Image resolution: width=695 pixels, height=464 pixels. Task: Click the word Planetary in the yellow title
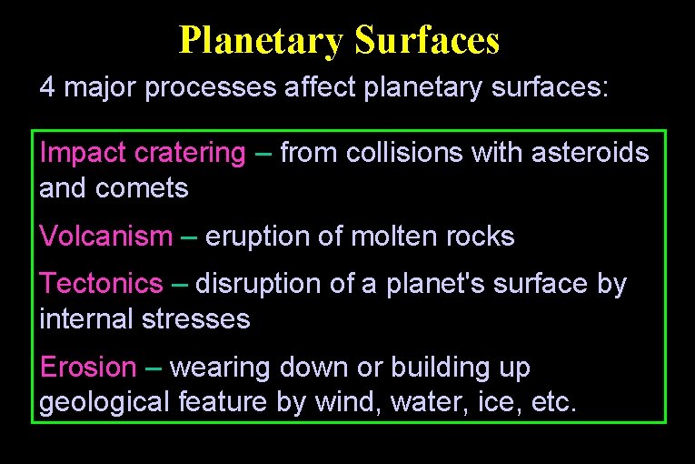pos(262,40)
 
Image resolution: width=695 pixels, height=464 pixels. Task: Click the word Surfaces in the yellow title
pos(427,40)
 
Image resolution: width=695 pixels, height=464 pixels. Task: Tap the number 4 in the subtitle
pos(46,87)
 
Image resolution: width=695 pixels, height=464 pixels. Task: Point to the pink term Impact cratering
pos(143,153)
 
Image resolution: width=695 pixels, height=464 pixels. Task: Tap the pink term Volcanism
pos(106,237)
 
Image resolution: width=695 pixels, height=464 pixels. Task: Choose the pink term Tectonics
pos(101,284)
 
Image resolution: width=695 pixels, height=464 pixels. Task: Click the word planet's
pos(447,284)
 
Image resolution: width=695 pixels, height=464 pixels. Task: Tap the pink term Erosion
pos(87,368)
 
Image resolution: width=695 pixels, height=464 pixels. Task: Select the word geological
pos(104,403)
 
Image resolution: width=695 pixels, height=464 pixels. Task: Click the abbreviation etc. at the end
pos(551,402)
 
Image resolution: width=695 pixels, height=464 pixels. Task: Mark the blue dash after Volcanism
pos(189,237)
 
